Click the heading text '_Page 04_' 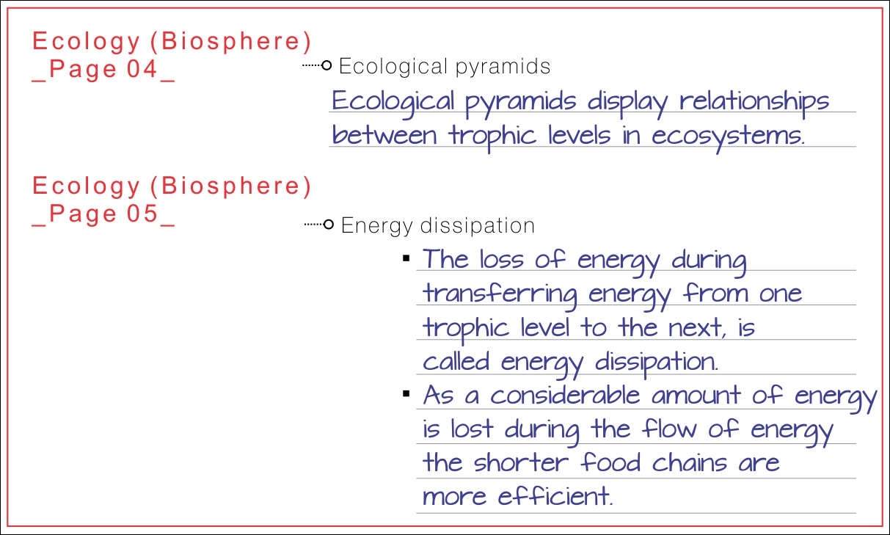pyautogui.click(x=103, y=70)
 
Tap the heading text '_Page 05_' pyautogui.click(x=103, y=214)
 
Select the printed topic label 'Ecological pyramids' pyautogui.click(x=445, y=67)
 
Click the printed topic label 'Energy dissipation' pyautogui.click(x=438, y=225)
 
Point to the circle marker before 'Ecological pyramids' pyautogui.click(x=327, y=66)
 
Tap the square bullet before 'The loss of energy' pyautogui.click(x=406, y=259)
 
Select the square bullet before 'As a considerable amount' pyautogui.click(x=406, y=395)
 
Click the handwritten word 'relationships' pyautogui.click(x=754, y=101)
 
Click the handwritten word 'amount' pyautogui.click(x=696, y=396)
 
